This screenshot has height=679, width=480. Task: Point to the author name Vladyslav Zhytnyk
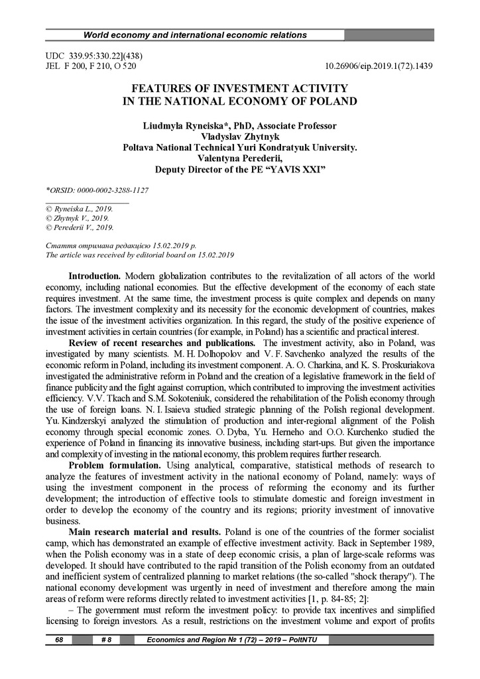point(240,137)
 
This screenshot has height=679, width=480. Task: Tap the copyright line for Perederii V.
point(78,227)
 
